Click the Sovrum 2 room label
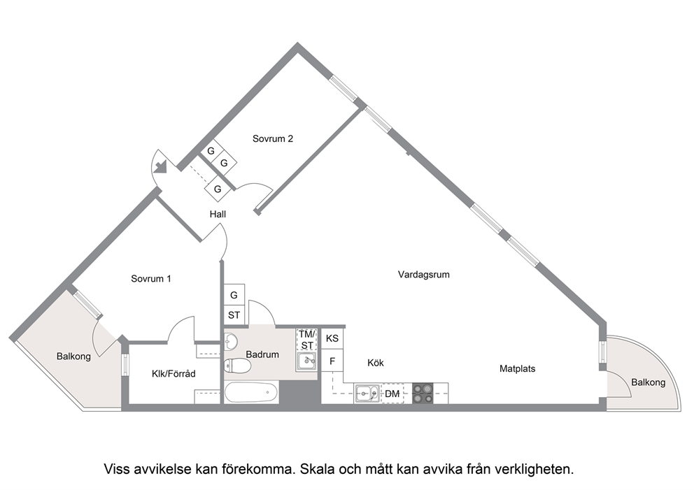click(x=273, y=138)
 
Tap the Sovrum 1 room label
click(x=151, y=279)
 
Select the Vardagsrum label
click(x=424, y=275)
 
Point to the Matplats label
click(x=518, y=368)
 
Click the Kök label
click(x=376, y=363)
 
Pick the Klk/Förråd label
click(x=173, y=374)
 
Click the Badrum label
click(x=262, y=354)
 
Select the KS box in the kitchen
click(x=332, y=339)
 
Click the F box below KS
click(x=332, y=361)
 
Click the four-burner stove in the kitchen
click(x=423, y=394)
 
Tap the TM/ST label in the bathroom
click(x=307, y=340)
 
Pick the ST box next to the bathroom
click(x=234, y=315)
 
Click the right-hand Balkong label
click(x=648, y=382)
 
